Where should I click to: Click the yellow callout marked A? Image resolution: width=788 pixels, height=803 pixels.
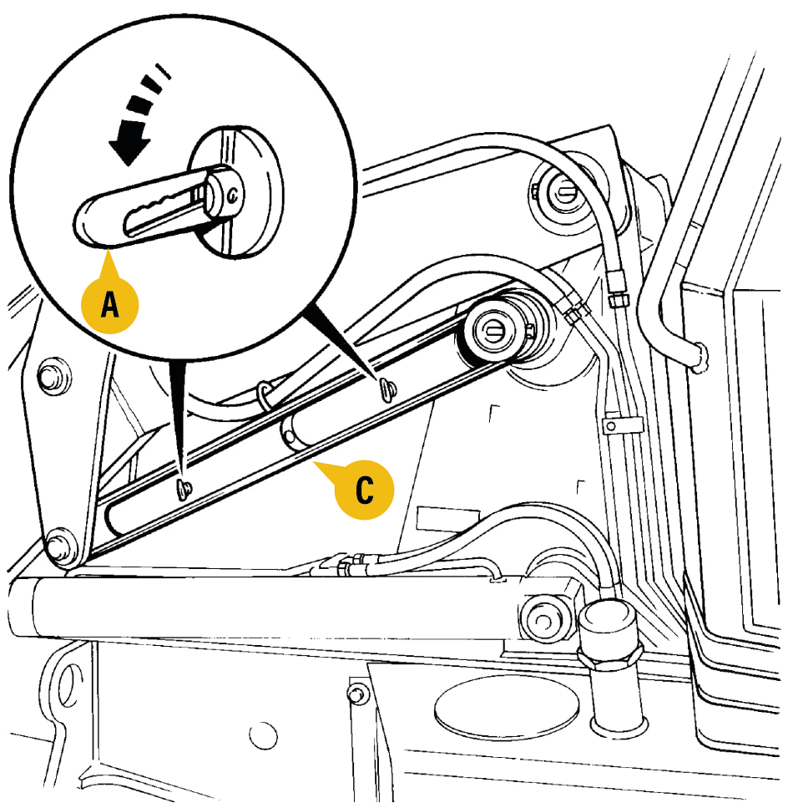click(109, 305)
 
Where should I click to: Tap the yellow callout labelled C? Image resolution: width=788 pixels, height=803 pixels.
click(364, 490)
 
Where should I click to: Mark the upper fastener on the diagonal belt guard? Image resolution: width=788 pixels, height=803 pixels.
click(386, 389)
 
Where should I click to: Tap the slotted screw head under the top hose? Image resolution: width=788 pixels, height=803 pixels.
click(564, 194)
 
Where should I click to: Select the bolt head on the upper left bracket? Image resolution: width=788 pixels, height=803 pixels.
click(54, 376)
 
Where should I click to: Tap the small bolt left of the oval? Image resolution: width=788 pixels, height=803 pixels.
click(357, 694)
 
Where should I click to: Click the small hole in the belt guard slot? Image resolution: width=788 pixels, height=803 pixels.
click(289, 437)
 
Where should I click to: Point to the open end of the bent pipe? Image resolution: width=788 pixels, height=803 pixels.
click(700, 358)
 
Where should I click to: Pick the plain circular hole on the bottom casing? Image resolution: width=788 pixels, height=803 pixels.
click(264, 736)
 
